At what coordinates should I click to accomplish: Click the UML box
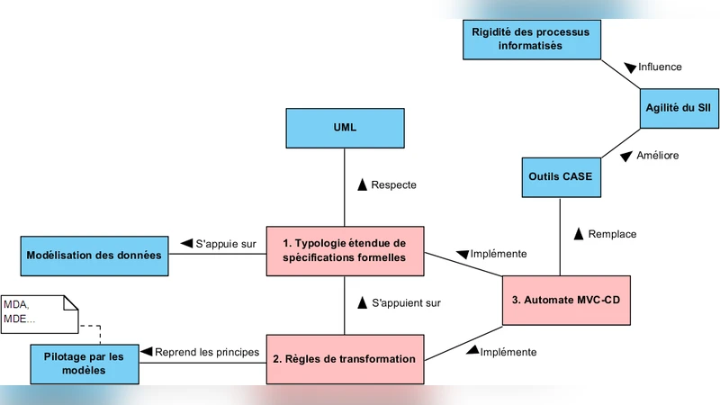345,128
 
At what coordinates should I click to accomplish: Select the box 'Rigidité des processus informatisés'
531,38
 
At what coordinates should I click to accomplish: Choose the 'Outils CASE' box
558,176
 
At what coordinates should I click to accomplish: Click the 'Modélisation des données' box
94,255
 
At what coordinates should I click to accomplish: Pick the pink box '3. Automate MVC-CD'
566,300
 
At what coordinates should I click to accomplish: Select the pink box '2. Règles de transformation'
345,359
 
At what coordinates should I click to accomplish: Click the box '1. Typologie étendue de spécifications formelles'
345,250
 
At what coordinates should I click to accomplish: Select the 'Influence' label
659,67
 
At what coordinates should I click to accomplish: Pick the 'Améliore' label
657,156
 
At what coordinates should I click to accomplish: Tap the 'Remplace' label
611,234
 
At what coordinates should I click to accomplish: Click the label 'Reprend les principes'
206,352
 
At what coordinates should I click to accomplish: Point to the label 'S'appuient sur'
405,303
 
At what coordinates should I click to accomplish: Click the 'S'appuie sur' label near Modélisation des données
226,243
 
